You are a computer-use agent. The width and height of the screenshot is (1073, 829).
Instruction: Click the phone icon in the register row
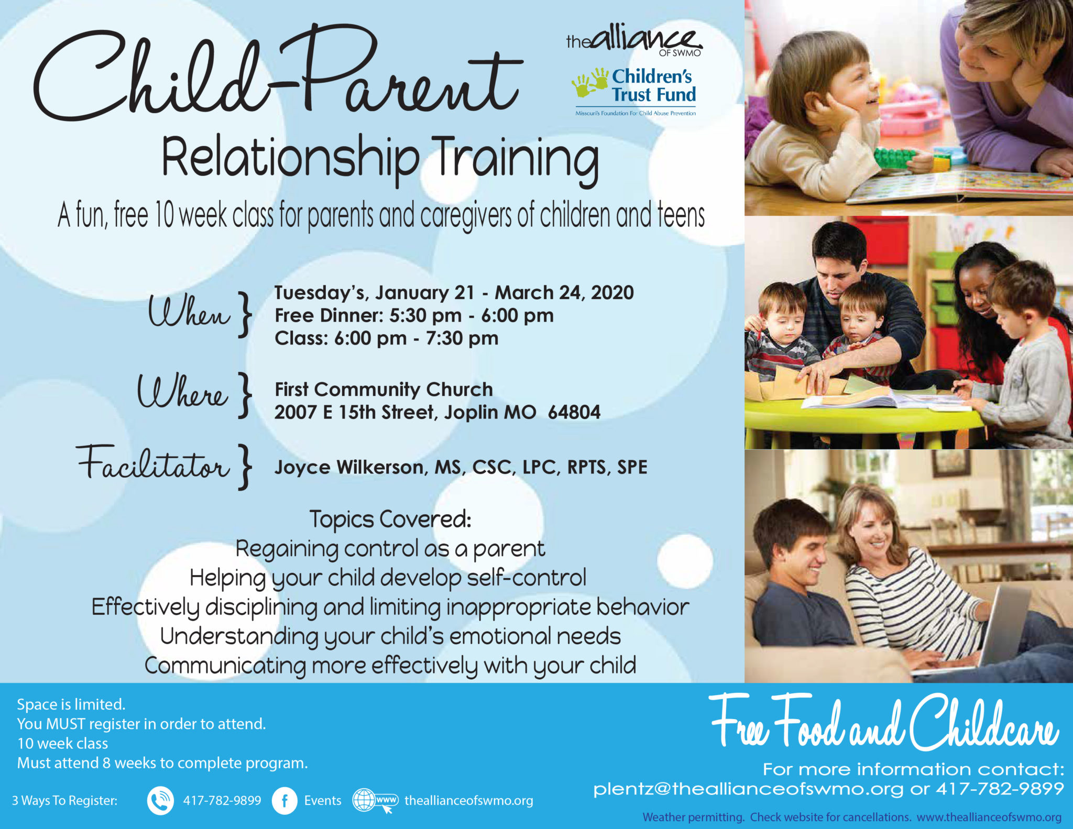pyautogui.click(x=160, y=801)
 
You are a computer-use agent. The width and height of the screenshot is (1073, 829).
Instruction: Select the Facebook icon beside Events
pyautogui.click(x=284, y=801)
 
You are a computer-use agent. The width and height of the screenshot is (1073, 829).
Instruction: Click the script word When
pyautogui.click(x=189, y=311)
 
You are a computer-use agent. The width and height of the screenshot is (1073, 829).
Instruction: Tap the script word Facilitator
pyautogui.click(x=153, y=463)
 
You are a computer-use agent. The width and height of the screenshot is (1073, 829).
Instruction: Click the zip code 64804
pyautogui.click(x=574, y=412)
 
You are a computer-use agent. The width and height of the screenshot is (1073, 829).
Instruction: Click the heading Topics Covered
pyautogui.click(x=390, y=519)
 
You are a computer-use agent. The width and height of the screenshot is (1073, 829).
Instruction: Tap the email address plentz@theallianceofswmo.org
pyautogui.click(x=749, y=789)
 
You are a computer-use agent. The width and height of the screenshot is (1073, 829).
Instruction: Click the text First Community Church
pyautogui.click(x=384, y=389)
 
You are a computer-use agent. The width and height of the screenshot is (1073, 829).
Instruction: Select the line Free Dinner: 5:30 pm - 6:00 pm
pyautogui.click(x=414, y=315)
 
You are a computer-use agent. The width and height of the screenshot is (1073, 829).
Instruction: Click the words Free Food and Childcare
pyautogui.click(x=884, y=721)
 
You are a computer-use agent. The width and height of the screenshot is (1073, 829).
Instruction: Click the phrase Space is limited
pyautogui.click(x=71, y=704)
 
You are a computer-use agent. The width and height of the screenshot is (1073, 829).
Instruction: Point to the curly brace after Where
pyautogui.click(x=244, y=395)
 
